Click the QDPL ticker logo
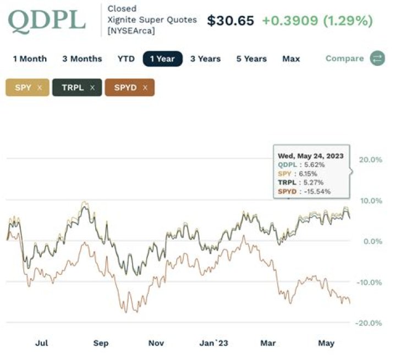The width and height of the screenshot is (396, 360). coord(46,20)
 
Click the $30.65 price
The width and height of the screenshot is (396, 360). coord(230,21)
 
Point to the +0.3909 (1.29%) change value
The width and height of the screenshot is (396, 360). coord(317,21)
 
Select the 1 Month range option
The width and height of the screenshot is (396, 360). coord(30,59)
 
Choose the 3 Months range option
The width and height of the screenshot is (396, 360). coord(82,59)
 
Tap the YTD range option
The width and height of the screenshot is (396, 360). coord(126,59)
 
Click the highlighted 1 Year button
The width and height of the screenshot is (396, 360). coord(162,59)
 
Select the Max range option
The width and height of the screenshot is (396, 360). coord(291,59)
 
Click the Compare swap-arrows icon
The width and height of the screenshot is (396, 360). coord(377,59)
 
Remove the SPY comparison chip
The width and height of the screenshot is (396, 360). coord(40,87)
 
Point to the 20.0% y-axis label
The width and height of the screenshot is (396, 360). coord(370,159)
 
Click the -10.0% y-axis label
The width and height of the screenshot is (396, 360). coord(370,282)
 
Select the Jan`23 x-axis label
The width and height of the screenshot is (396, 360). coord(213,343)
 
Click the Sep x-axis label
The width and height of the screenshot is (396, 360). coord(101,343)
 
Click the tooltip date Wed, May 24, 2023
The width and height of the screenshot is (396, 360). coord(310,156)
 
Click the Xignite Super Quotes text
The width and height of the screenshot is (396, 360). coord(152,20)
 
